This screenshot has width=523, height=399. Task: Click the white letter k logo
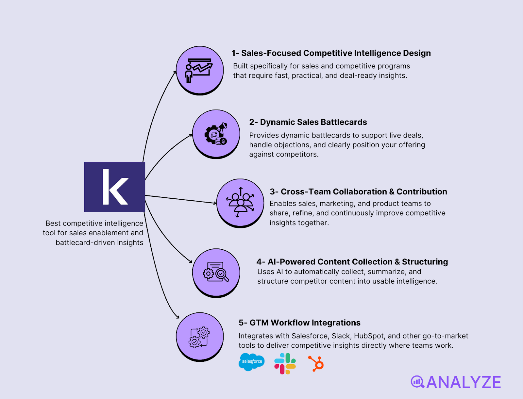click(114, 187)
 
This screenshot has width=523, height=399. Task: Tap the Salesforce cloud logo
click(251, 362)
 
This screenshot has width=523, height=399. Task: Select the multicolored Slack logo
click(285, 363)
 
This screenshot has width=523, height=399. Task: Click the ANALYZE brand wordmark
click(464, 382)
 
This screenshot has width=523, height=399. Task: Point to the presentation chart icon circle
click(199, 70)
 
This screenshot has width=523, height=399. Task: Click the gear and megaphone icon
click(216, 134)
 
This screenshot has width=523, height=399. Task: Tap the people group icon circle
click(240, 203)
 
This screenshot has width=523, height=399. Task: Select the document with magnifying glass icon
click(216, 273)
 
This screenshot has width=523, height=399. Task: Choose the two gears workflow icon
click(199, 337)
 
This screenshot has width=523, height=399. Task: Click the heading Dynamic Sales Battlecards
click(308, 122)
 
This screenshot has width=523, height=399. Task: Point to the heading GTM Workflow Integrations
click(299, 323)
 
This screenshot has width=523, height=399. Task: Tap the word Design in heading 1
click(417, 53)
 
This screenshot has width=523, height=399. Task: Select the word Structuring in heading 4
click(425, 262)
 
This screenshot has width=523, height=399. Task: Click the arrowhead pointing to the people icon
click(215, 203)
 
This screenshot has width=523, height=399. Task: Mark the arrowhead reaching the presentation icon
click(175, 72)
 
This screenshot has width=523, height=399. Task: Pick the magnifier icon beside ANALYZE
click(417, 382)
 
